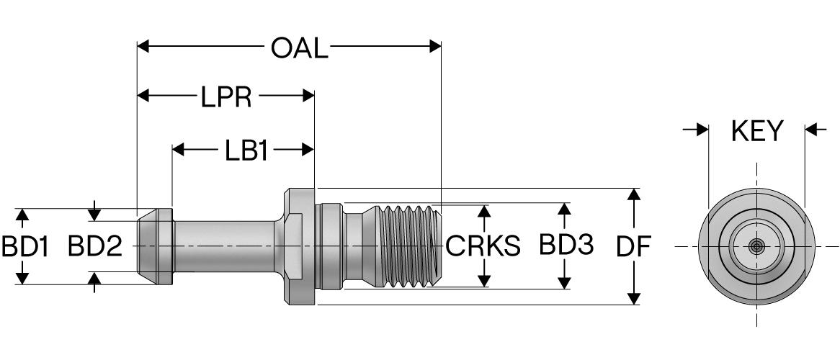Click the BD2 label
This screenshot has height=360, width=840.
(x=95, y=246)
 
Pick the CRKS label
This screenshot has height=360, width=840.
(x=483, y=246)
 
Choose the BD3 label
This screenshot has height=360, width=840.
(x=566, y=246)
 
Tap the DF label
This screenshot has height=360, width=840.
(x=633, y=246)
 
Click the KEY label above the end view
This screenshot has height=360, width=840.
(x=756, y=131)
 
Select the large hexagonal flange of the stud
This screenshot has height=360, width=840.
(x=300, y=246)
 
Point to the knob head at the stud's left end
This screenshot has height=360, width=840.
(x=154, y=246)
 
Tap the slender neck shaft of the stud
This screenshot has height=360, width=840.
(x=223, y=246)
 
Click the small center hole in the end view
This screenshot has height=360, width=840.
(x=756, y=246)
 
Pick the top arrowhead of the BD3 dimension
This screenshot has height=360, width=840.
(x=566, y=207)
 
